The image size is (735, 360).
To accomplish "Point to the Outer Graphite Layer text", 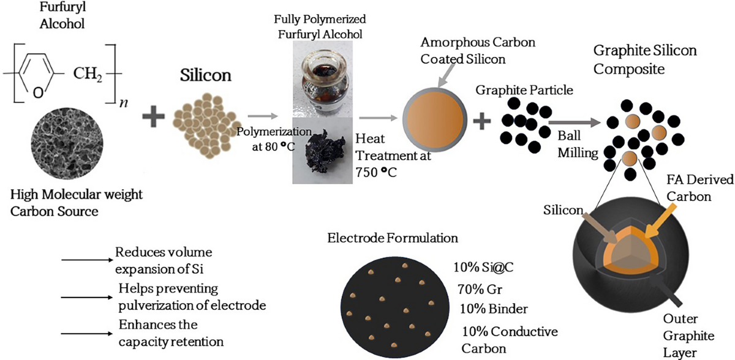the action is (x=686, y=335).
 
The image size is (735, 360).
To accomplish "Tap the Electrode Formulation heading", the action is (x=393, y=237).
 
